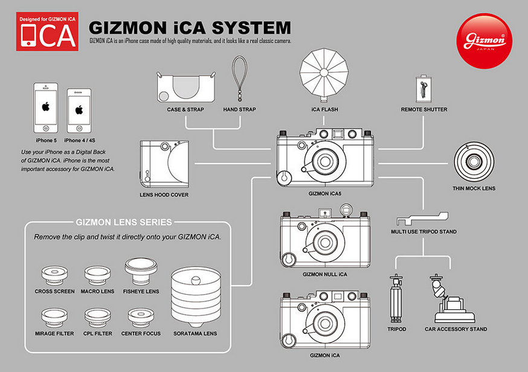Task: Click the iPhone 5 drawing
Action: click(45, 108)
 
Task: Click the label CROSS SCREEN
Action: click(55, 291)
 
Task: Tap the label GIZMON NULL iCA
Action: click(325, 274)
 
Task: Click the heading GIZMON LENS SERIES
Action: click(124, 222)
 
